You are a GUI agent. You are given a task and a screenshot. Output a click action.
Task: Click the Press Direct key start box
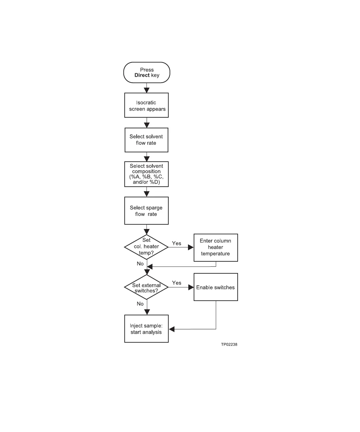click(147, 72)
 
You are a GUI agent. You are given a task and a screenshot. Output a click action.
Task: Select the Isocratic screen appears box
click(147, 105)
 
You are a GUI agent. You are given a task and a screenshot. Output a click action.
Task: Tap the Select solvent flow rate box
click(147, 140)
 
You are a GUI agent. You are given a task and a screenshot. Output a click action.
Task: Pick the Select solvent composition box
click(147, 174)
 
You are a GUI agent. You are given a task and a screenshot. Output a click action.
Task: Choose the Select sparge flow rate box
click(147, 211)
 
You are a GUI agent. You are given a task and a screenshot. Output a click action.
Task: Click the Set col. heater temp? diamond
click(146, 247)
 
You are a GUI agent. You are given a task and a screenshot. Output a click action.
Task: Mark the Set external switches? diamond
click(146, 287)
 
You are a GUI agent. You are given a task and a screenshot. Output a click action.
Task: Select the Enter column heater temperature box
click(216, 247)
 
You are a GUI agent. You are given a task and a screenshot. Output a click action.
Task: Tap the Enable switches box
click(216, 287)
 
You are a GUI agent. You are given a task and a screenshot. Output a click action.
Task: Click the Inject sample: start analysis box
click(146, 329)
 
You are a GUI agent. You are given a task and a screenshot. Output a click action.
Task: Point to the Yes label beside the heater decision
click(177, 243)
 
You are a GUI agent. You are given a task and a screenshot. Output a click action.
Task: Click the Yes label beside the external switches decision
click(177, 283)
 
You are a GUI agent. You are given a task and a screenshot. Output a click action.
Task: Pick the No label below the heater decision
click(140, 264)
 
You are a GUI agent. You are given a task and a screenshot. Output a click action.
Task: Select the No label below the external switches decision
click(140, 304)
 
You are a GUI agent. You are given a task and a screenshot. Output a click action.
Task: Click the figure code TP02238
click(229, 344)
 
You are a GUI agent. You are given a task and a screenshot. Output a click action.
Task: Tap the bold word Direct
click(142, 75)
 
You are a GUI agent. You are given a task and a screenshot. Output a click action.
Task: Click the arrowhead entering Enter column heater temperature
click(191, 247)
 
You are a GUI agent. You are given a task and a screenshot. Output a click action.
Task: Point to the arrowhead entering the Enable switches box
click(191, 287)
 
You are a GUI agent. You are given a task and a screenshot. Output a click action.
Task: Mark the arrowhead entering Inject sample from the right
click(172, 329)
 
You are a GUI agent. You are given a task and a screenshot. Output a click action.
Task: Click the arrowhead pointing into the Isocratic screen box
click(147, 90)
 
